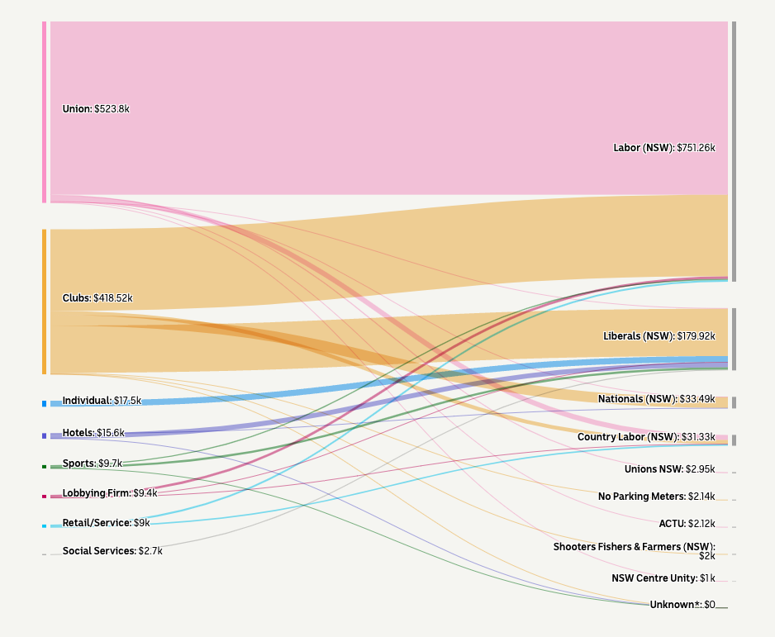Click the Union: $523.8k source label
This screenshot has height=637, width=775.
96,108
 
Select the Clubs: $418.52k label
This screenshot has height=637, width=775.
97,297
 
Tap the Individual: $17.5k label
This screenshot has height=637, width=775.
102,401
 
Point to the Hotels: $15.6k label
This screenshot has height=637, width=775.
93,433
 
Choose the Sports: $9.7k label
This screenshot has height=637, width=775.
92,463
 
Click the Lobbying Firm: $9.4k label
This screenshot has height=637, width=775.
109,493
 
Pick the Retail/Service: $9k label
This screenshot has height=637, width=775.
106,522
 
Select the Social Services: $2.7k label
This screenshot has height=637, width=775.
112,550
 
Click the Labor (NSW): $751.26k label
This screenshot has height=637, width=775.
663,148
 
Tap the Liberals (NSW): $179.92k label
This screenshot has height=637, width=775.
659,336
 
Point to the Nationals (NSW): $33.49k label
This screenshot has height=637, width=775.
657,399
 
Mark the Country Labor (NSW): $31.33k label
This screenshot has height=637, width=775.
646,436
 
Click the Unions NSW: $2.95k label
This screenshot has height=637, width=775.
669,469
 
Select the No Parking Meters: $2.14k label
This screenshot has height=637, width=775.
656,497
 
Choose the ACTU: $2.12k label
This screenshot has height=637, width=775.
687,524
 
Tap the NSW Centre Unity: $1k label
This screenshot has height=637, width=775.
663,578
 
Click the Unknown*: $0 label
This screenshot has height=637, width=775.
682,605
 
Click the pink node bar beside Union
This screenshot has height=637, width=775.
45,112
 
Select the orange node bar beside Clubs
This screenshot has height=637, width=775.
45,302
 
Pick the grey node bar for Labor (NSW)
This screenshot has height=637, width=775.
733,151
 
